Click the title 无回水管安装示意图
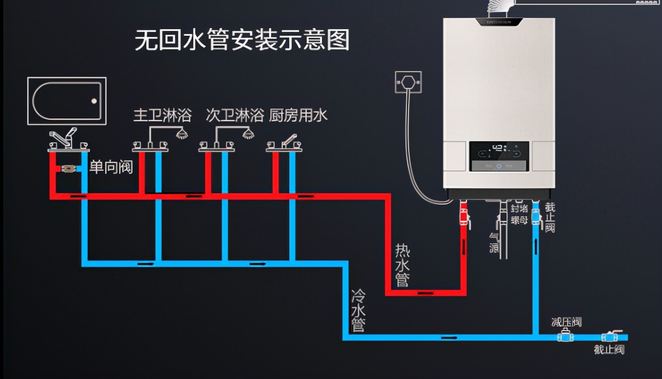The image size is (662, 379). tap(242, 41)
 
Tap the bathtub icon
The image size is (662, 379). tap(67, 101)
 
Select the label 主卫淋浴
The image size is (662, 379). tap(163, 115)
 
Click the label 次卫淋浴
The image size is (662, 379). tap(235, 115)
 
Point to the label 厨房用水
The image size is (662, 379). tap(298, 115)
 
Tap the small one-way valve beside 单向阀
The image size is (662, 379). tap(68, 168)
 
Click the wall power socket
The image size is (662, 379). tap(408, 83)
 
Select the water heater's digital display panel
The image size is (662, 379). tap(499, 156)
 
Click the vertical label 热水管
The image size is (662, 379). tap(402, 265)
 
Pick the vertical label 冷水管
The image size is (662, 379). tap(358, 310)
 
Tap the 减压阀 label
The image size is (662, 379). tap(566, 322)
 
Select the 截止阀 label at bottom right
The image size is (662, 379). tap(609, 350)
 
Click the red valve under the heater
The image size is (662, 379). tap(464, 215)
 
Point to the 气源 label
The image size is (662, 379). tap(494, 241)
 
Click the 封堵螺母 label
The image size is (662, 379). tap(519, 214)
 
